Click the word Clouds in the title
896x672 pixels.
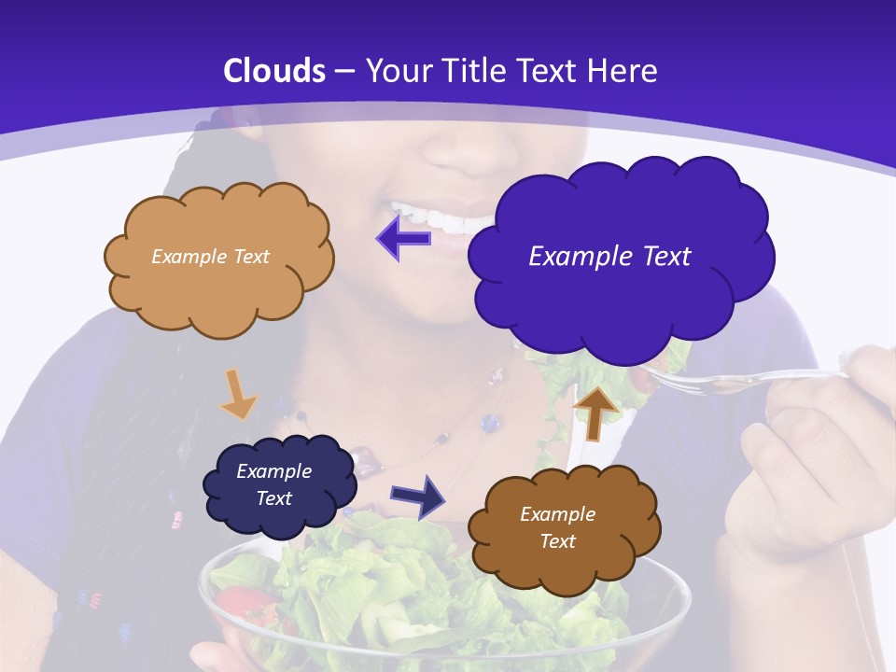274,71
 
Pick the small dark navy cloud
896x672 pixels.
279,486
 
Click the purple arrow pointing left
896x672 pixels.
404,238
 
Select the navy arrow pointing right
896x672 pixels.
418,496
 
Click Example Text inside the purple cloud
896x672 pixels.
609,257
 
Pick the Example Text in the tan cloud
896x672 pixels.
210,257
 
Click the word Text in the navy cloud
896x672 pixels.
273,498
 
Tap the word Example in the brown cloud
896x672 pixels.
557,514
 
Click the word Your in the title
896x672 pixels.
398,71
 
